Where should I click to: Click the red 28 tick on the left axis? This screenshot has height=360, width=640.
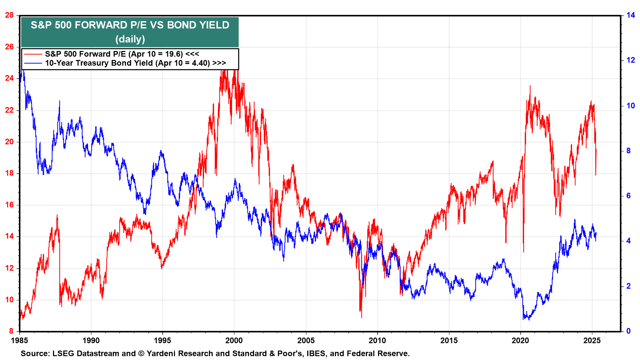point(9,15)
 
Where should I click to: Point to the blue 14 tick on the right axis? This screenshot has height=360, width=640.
point(631,15)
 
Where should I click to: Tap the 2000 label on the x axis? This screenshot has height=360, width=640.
point(234,341)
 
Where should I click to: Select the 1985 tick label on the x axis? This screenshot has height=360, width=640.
point(19,341)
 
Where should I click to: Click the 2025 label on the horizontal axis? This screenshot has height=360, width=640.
point(592,341)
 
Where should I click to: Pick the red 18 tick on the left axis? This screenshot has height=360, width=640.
point(9,173)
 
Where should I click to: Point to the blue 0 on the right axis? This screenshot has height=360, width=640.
point(629,331)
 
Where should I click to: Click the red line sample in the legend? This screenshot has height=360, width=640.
point(33,54)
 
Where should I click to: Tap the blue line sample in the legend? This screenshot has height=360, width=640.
point(33,63)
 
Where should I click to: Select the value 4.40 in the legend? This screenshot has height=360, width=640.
point(201,63)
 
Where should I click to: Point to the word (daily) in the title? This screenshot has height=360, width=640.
point(130,39)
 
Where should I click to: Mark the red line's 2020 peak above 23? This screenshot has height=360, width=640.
point(530,86)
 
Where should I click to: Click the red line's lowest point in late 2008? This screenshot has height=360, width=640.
point(362,317)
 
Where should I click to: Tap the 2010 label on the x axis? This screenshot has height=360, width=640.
point(377,341)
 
